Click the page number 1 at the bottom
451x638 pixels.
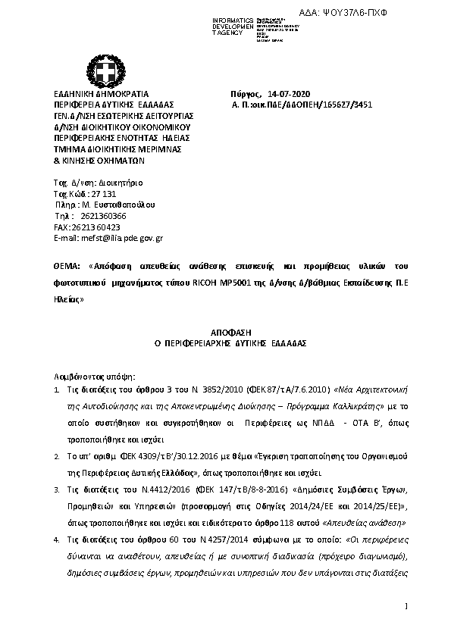coord(406,605)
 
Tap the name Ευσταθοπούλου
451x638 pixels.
coord(121,205)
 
